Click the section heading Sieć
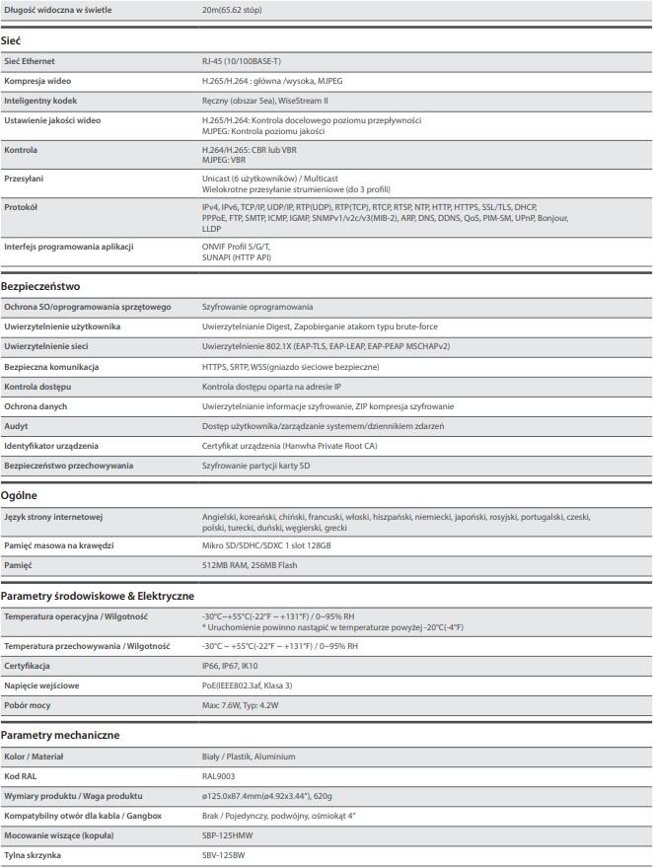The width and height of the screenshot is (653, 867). [11, 40]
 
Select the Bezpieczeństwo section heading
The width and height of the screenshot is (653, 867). [40, 286]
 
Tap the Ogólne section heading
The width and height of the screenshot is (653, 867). [19, 495]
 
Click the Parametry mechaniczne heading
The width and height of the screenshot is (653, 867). [60, 735]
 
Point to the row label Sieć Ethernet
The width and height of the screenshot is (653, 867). [30, 61]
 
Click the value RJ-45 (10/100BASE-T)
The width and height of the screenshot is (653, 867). [240, 61]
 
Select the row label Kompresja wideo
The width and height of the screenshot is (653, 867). [37, 81]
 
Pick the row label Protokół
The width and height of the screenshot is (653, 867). [21, 207]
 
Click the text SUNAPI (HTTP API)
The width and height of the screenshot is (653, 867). [236, 256]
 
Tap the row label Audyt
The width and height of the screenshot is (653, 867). [16, 426]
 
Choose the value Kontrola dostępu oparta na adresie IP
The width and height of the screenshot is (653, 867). [271, 387]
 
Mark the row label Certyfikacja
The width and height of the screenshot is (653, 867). [27, 666]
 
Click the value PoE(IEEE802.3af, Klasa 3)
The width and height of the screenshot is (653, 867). [247, 686]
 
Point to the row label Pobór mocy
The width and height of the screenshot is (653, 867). [28, 705]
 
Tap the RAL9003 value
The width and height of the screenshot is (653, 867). [218, 776]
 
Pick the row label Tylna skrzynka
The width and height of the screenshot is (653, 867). [33, 855]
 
